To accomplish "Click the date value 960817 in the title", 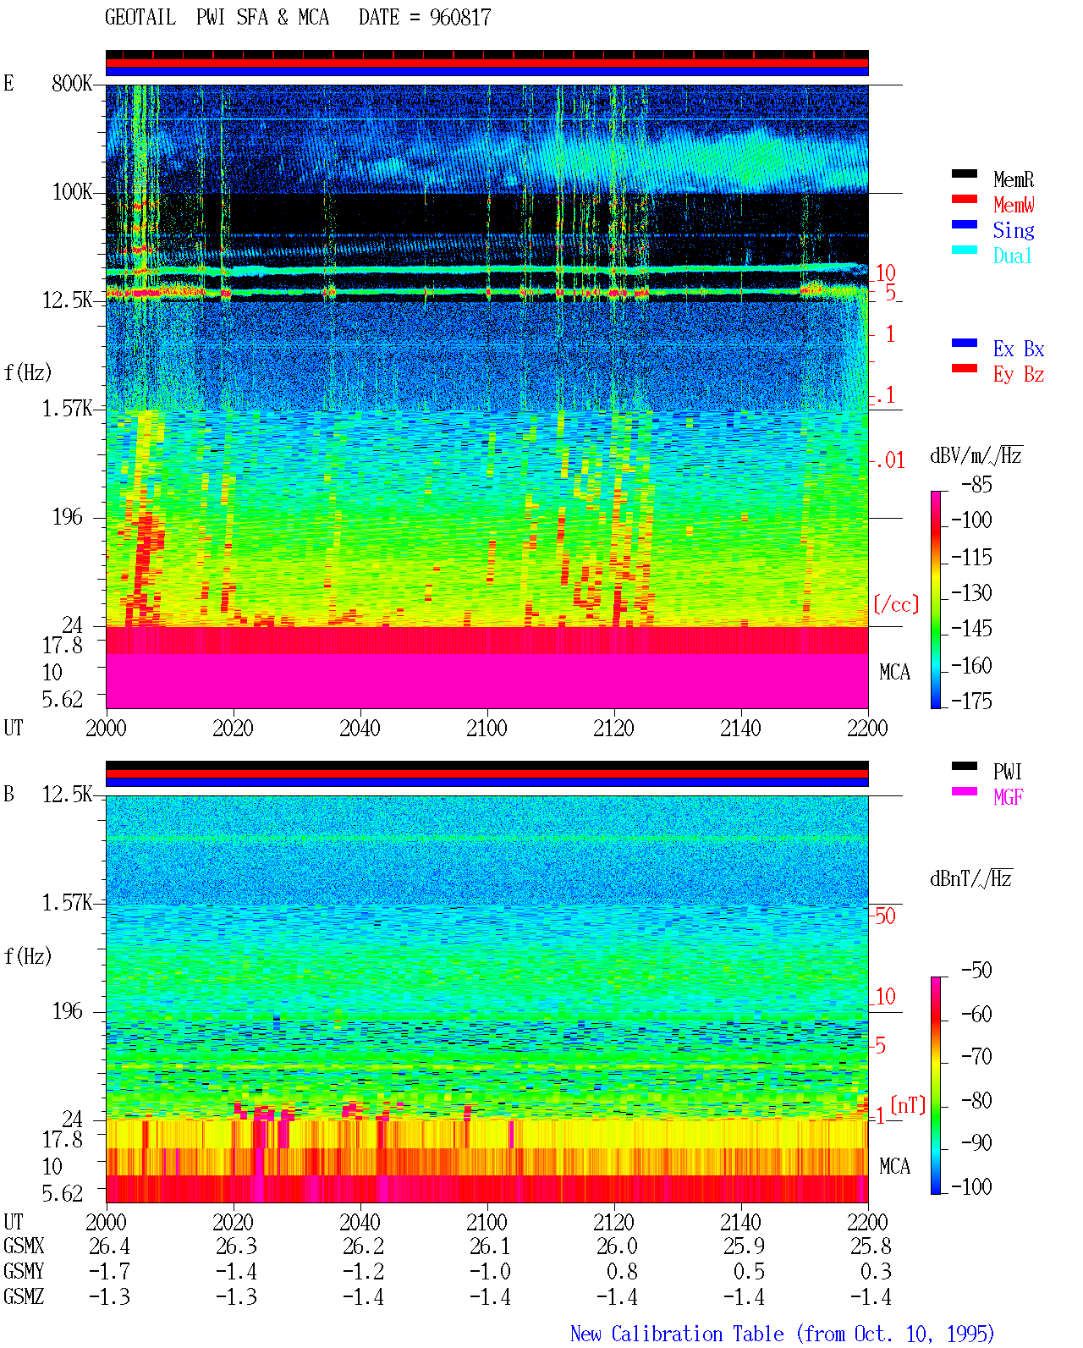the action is point(459,18).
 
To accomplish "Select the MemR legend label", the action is point(1013,179).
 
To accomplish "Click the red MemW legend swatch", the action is point(964,199).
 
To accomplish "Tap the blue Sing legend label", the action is point(1013,230).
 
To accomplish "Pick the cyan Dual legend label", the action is point(1012,256).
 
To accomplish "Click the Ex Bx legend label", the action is point(1019,349).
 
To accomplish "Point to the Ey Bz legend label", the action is point(1019,375).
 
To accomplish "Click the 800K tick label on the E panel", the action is point(72,83).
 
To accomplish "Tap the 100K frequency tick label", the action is point(72,192).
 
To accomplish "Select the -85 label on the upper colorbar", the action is point(976,484).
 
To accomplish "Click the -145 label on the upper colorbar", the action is point(971,628).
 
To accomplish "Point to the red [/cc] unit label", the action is point(896,604).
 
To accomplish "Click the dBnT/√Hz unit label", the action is point(970,878).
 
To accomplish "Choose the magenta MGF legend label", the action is point(1008,797).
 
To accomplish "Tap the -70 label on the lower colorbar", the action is point(976,1057).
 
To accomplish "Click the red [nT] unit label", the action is point(908,1105).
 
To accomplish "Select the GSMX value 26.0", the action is point(616,1246).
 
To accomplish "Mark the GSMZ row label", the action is point(24,1296).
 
